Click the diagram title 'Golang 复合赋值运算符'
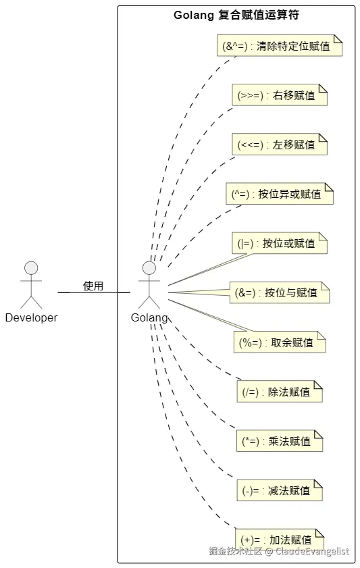click(236, 16)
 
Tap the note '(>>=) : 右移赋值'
click(280, 95)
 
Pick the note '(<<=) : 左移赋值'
click(280, 145)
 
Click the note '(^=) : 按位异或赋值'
click(280, 194)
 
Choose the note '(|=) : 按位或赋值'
click(280, 243)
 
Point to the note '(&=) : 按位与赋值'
click(280, 292)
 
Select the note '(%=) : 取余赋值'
click(280, 342)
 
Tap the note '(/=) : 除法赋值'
click(280, 392)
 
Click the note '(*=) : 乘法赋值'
click(280, 441)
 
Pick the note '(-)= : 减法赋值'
click(280, 490)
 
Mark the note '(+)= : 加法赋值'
click(280, 540)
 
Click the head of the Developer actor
click(31, 267)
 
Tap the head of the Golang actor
click(149, 267)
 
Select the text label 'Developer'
click(31, 317)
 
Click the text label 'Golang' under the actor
click(149, 317)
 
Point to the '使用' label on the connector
click(93, 286)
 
